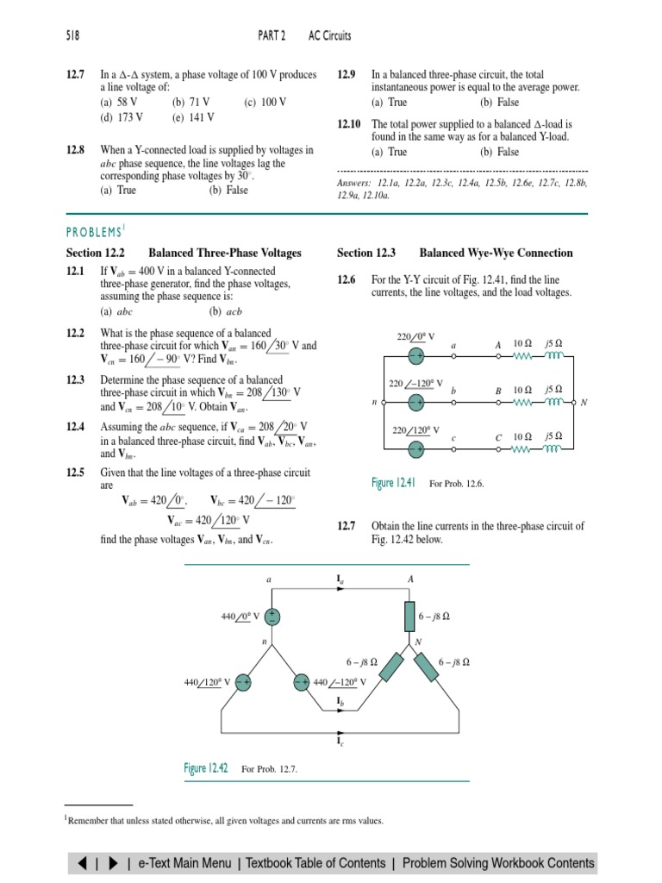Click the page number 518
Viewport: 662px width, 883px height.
coord(72,35)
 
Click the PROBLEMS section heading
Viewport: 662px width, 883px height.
coord(96,231)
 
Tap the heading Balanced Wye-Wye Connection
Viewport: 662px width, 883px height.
coord(496,253)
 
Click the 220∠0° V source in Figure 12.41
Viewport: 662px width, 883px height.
coord(415,355)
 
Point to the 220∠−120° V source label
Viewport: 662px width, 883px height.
coord(415,383)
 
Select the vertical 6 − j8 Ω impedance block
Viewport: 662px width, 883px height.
coord(409,616)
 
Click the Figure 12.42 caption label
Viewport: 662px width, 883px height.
coord(206,768)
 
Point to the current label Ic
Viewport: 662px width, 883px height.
coord(340,739)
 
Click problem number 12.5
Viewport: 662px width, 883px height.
coord(77,473)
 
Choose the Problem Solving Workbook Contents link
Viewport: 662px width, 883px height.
coord(497,862)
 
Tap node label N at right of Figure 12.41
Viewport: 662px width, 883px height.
coord(584,403)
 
